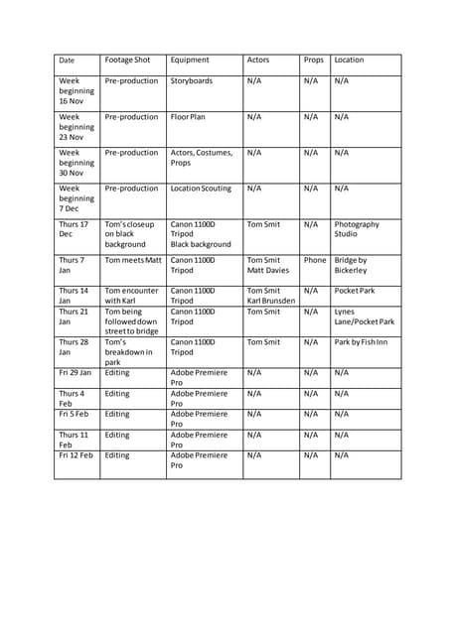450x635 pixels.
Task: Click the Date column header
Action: click(x=67, y=61)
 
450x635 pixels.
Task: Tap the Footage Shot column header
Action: click(x=127, y=61)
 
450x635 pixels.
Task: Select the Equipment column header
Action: click(x=190, y=61)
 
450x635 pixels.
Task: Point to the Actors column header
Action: click(x=258, y=61)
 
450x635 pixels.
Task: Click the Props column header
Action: click(x=314, y=61)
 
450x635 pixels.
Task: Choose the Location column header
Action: click(x=350, y=61)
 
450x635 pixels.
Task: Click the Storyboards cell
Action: click(x=192, y=81)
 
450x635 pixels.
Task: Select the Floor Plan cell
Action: click(x=193, y=117)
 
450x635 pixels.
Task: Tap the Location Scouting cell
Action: click(x=200, y=189)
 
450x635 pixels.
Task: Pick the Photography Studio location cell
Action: click(x=357, y=230)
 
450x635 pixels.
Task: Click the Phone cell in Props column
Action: click(x=315, y=260)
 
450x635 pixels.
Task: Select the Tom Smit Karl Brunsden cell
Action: click(x=267, y=296)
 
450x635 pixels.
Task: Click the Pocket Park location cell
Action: click(x=354, y=292)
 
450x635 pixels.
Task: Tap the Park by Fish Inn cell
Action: click(x=361, y=342)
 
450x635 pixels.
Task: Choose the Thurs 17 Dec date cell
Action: click(x=74, y=230)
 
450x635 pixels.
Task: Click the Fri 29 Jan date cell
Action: click(x=75, y=373)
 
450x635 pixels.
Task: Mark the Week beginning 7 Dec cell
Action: click(x=76, y=198)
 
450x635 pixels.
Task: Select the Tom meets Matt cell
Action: click(x=132, y=260)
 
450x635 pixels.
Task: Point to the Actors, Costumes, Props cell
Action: click(x=202, y=158)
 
